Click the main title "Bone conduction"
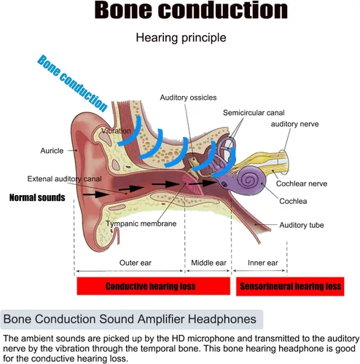(x=191, y=10)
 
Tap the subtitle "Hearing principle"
(x=181, y=38)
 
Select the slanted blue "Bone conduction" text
(x=72, y=83)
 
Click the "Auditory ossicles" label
(x=188, y=98)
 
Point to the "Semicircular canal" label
(x=254, y=113)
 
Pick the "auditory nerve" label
(x=294, y=124)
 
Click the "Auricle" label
(x=52, y=151)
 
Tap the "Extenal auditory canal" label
(x=64, y=179)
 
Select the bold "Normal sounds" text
(x=37, y=198)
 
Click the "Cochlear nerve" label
(x=302, y=183)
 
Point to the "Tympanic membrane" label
(x=141, y=223)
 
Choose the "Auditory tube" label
(x=302, y=225)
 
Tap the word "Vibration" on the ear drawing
(x=116, y=131)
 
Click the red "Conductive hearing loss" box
(x=154, y=286)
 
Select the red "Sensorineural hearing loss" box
(x=290, y=286)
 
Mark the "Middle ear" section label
(x=208, y=263)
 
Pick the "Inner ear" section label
(x=263, y=263)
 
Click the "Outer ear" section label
(x=136, y=263)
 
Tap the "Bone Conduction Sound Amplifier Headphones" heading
(x=130, y=319)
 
